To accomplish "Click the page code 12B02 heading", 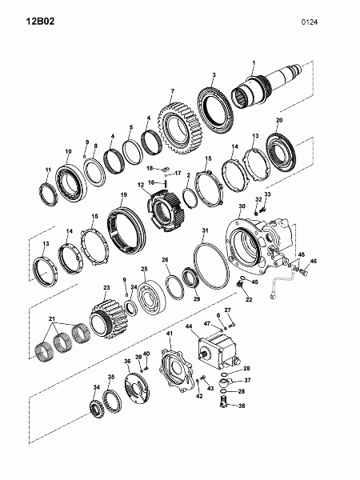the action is pos(40,22).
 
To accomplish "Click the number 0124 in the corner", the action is pos(309,22).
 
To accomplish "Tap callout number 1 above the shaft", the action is pos(254,62).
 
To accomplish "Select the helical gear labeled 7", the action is pos(180,128).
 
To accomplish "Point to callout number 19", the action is pos(124,194).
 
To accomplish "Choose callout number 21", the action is pos(52,318).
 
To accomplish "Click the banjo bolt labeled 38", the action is pos(224,402).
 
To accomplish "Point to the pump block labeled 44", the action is pos(218,351).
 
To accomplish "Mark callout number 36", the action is pos(127,362).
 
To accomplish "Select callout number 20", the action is pos(279,120).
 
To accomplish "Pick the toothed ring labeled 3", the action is pos(216,111).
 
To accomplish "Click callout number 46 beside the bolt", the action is pos(313,261).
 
